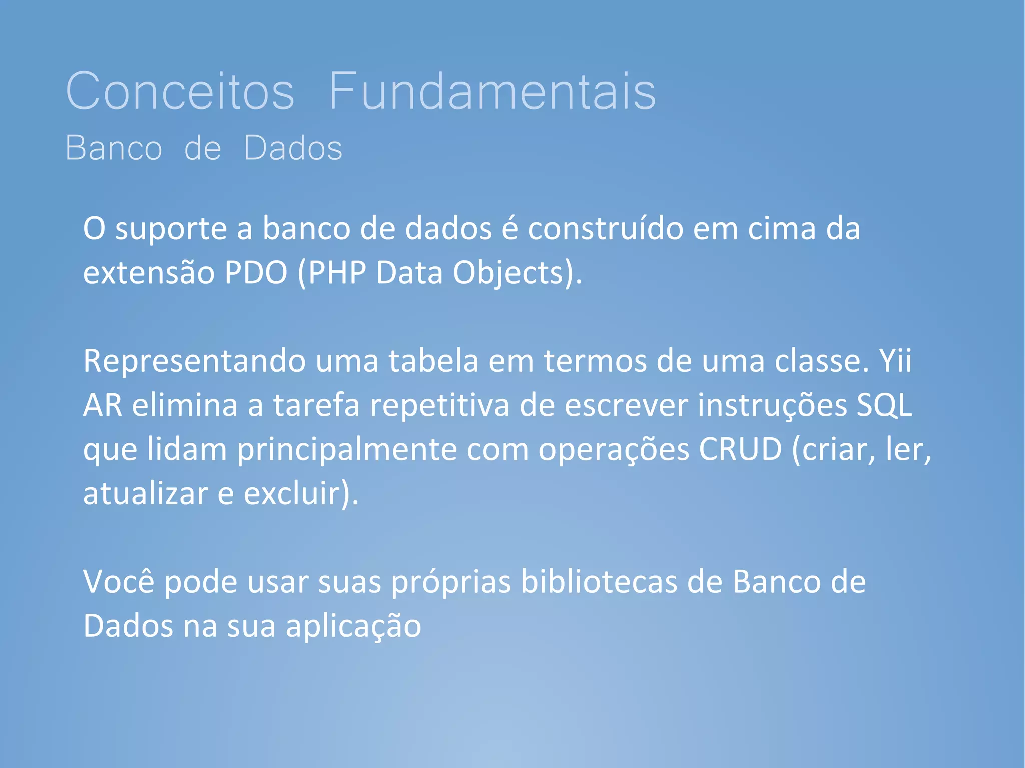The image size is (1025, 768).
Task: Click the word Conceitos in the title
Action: point(180,91)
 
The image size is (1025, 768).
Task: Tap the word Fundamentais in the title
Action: point(492,91)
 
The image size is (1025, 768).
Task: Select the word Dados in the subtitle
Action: point(293,148)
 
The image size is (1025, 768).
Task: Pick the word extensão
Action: point(149,273)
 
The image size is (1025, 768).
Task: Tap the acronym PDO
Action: point(256,273)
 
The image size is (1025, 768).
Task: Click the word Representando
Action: point(194,361)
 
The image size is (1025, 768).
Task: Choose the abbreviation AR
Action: point(103,405)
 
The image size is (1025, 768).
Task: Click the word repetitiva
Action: point(439,406)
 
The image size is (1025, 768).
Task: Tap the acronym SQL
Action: point(884,405)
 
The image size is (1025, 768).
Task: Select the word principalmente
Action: point(347,450)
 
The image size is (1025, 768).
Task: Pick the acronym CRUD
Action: point(740,449)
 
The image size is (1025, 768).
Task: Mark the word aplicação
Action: point(353,627)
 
